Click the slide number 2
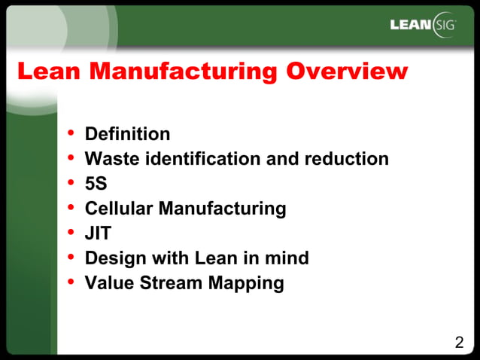coord(459,343)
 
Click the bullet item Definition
coord(127,134)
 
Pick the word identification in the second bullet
coord(205,159)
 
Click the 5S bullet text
coord(96,184)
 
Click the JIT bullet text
coord(98,233)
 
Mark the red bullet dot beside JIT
coord(71,232)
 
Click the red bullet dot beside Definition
coord(71,133)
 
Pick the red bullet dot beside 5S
coord(71,182)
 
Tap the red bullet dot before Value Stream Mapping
coord(71,282)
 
